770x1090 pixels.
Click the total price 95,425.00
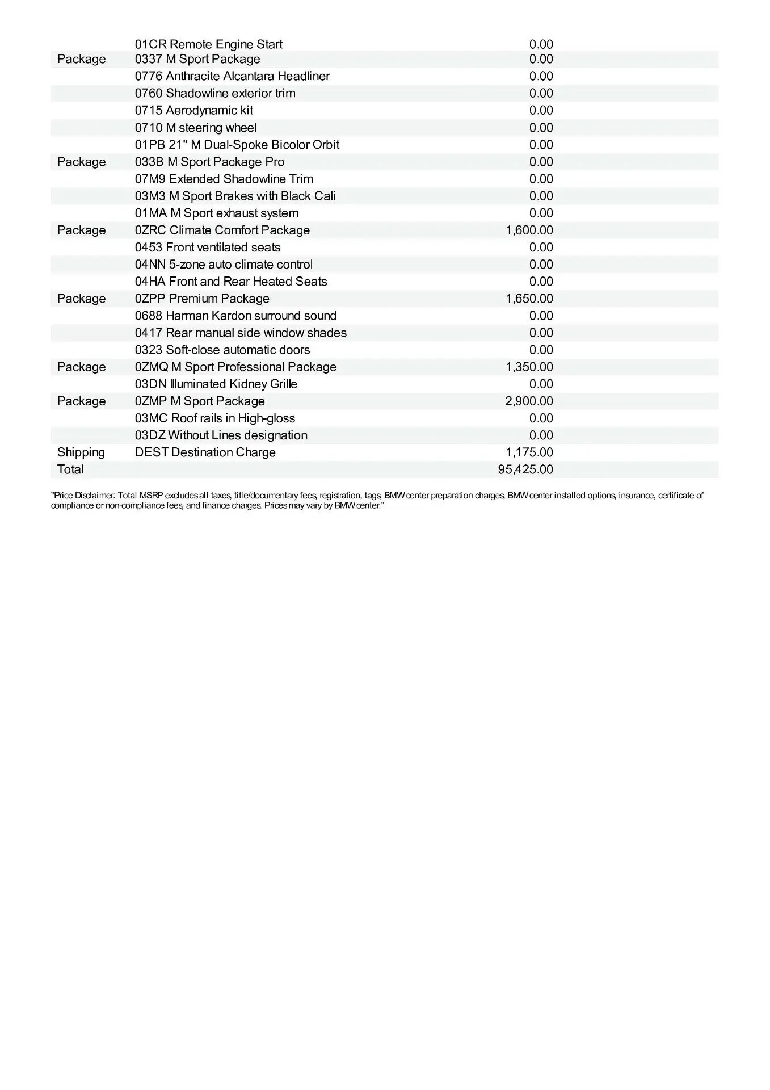(525, 469)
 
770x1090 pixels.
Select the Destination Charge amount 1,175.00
(529, 452)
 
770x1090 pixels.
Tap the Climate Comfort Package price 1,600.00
(529, 230)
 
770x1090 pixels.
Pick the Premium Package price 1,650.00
(529, 299)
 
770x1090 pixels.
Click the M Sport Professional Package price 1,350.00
(529, 367)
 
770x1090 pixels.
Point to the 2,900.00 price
(529, 401)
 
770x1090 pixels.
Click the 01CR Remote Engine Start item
(208, 44)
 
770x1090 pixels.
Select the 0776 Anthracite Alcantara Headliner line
(232, 76)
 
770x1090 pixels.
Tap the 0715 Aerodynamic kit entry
(194, 110)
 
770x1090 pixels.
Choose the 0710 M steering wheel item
(196, 128)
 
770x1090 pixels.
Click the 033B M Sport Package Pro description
(209, 162)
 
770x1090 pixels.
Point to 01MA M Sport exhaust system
(216, 213)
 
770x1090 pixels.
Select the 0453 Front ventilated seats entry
(208, 248)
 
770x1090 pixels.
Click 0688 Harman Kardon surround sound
(235, 316)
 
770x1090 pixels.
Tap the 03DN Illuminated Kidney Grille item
(216, 384)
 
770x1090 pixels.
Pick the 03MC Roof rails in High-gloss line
(215, 418)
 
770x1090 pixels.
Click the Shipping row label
(81, 452)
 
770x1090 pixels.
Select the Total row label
(70, 469)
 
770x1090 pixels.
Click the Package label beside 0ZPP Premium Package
(81, 299)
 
